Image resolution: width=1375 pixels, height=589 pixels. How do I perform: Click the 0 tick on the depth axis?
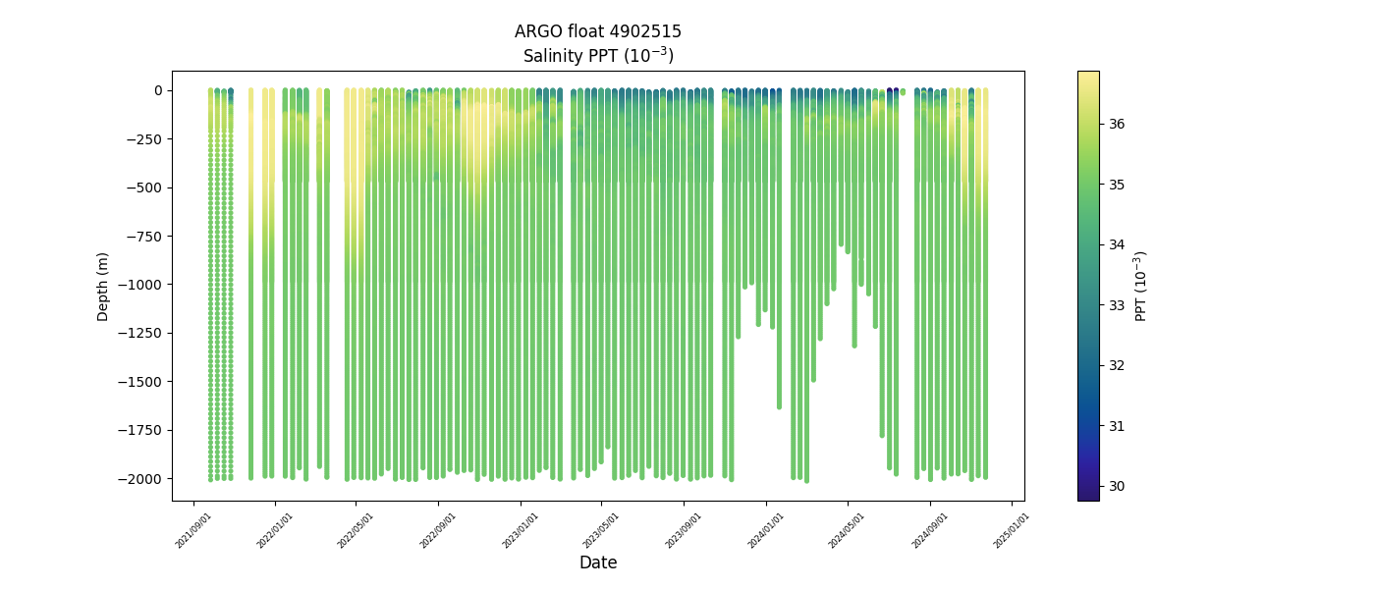click(x=158, y=91)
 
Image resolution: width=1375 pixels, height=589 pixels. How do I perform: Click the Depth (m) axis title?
click(x=103, y=286)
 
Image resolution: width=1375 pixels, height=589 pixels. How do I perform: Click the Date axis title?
click(x=598, y=562)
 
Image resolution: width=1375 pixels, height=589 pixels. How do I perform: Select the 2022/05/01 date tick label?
click(x=355, y=530)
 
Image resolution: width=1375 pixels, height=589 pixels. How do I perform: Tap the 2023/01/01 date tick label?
click(x=519, y=530)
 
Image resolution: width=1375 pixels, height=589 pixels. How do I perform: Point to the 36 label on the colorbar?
click(x=1118, y=124)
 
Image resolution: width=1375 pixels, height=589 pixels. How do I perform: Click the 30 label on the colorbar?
click(x=1118, y=486)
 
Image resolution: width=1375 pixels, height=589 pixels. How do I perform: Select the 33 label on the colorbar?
click(x=1118, y=305)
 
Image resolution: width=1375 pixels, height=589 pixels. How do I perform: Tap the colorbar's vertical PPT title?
click(x=1140, y=286)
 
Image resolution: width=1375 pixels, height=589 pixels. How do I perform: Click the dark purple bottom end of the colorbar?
click(x=1088, y=496)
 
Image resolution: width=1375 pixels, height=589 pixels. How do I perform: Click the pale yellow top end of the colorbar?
click(x=1088, y=76)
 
